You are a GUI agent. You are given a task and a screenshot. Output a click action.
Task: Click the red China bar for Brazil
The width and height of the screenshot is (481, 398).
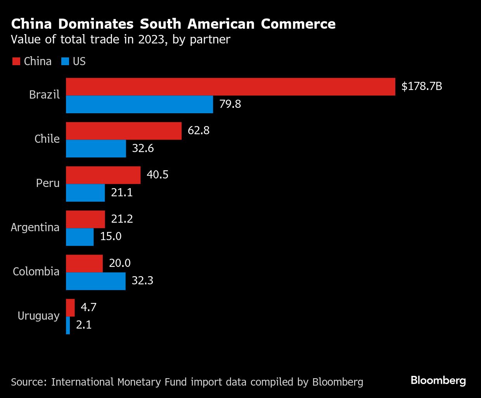tap(230, 87)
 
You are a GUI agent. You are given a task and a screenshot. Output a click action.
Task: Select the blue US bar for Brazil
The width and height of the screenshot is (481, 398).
tap(139, 104)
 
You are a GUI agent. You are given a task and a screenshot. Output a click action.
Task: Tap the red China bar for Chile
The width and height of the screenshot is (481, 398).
tap(124, 131)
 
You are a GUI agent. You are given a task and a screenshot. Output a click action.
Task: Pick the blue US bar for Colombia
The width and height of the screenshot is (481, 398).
tap(96, 281)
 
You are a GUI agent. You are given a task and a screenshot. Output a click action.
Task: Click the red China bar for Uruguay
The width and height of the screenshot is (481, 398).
tap(70, 308)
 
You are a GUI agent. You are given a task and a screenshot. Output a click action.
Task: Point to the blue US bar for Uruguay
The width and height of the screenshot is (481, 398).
tap(68, 325)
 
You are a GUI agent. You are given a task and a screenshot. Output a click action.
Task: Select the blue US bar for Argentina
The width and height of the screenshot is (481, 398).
tap(80, 237)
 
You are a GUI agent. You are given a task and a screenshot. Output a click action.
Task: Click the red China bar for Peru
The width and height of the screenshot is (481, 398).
tap(103, 175)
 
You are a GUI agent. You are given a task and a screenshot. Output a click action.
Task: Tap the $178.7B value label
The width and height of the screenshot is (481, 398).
tap(422, 86)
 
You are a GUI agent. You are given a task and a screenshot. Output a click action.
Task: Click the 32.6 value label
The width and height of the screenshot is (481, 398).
tap(143, 148)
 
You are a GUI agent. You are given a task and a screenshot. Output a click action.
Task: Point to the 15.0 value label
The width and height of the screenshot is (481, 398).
tap(111, 236)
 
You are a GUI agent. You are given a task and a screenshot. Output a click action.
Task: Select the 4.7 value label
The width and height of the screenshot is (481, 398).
tap(88, 307)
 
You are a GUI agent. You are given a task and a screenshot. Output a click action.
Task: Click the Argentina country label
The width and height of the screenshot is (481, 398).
tap(35, 227)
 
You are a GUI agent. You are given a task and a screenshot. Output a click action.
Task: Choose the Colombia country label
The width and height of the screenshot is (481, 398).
tap(36, 272)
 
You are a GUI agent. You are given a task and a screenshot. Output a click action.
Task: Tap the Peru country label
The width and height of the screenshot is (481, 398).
tap(48, 183)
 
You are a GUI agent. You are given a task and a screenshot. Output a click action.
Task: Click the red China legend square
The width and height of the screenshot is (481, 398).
tap(16, 61)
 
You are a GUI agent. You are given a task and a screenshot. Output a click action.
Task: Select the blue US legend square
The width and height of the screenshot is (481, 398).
tap(65, 61)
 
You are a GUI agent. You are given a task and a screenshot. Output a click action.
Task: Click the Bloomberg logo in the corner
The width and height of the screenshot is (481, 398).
tap(438, 381)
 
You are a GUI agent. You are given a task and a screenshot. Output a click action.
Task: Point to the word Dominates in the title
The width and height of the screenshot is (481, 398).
tap(96, 24)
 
